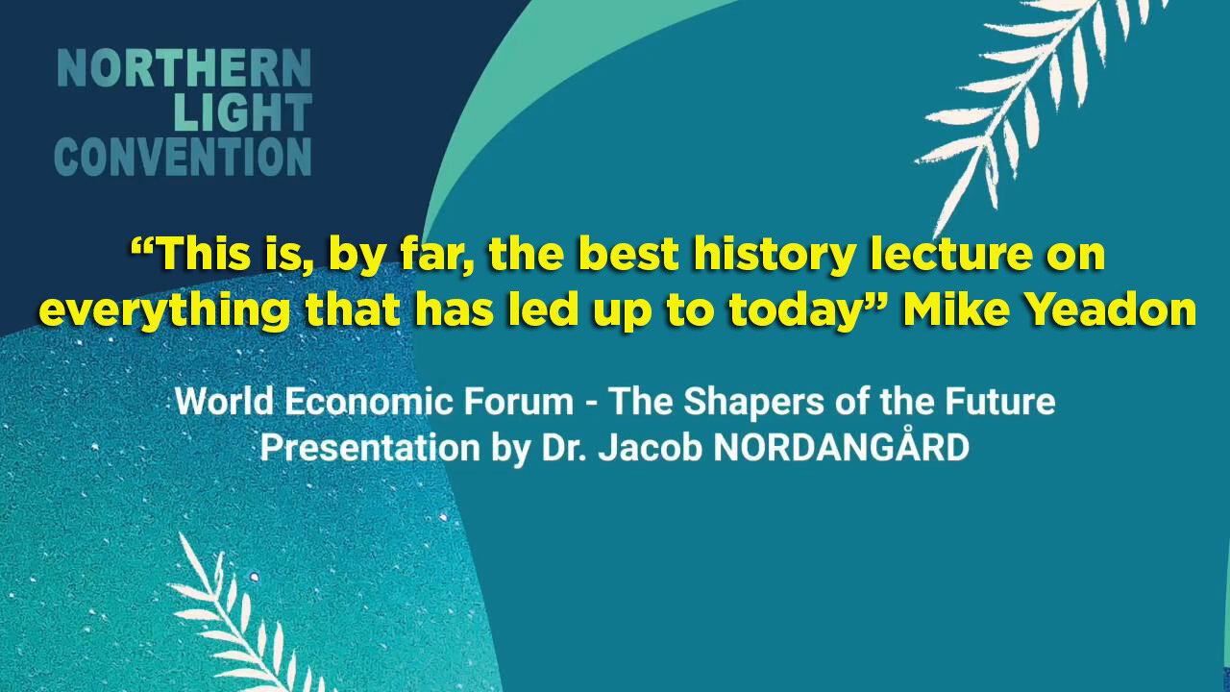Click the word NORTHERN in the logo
pos(184,68)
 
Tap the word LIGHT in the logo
pos(243,112)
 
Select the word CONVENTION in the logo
pos(183,157)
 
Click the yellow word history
pos(775,256)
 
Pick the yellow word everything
pos(163,311)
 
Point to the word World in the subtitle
pos(224,402)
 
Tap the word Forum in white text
pos(519,402)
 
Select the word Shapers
pos(754,404)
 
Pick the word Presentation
pos(370,449)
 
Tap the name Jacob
pos(651,448)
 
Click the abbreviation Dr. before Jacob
pos(562,448)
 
